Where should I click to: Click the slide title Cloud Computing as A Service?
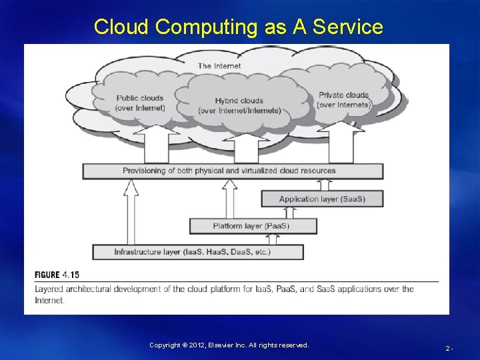pyautogui.click(x=239, y=27)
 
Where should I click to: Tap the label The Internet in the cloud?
pyautogui.click(x=219, y=65)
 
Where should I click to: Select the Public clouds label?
pyautogui.click(x=139, y=103)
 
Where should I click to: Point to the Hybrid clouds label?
pyautogui.click(x=239, y=105)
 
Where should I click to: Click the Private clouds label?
pyautogui.click(x=343, y=99)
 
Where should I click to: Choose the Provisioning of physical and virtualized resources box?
pyautogui.click(x=233, y=171)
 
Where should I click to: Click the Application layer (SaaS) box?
pyautogui.click(x=322, y=199)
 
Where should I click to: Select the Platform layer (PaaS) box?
pyautogui.click(x=252, y=226)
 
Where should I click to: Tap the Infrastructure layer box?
pyautogui.click(x=197, y=252)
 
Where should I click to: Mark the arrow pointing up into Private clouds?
pyautogui.click(x=343, y=141)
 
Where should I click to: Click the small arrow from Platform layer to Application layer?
pyautogui.click(x=290, y=212)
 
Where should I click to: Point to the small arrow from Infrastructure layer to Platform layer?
pyautogui.click(x=273, y=239)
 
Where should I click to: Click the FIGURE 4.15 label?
pyautogui.click(x=57, y=275)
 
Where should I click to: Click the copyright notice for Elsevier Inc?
pyautogui.click(x=229, y=345)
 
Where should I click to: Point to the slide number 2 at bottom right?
pyautogui.click(x=449, y=348)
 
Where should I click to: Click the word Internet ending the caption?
pyautogui.click(x=49, y=300)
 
